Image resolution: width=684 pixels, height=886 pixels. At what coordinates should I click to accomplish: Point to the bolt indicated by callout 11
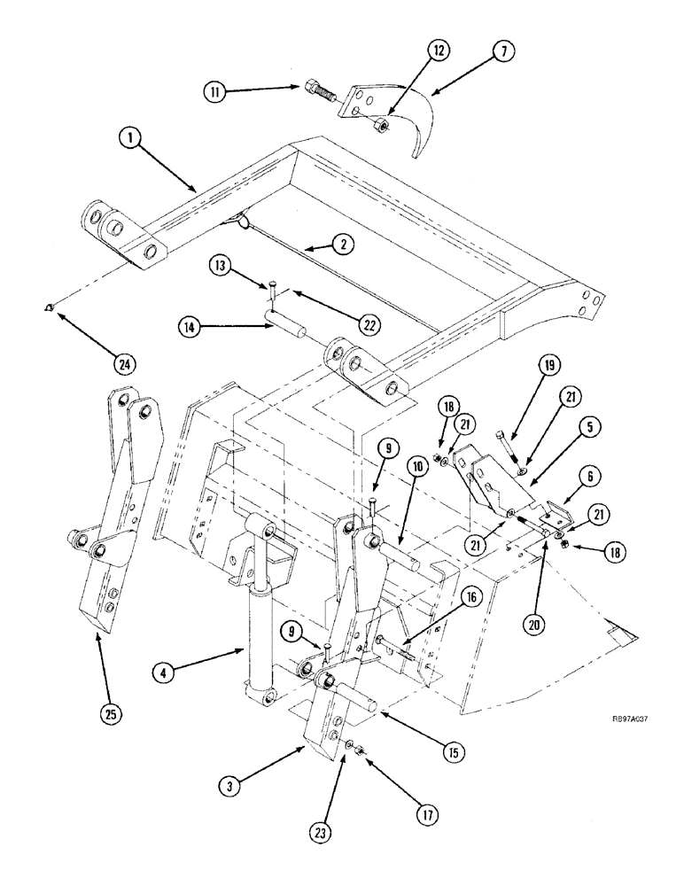pyautogui.click(x=317, y=90)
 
